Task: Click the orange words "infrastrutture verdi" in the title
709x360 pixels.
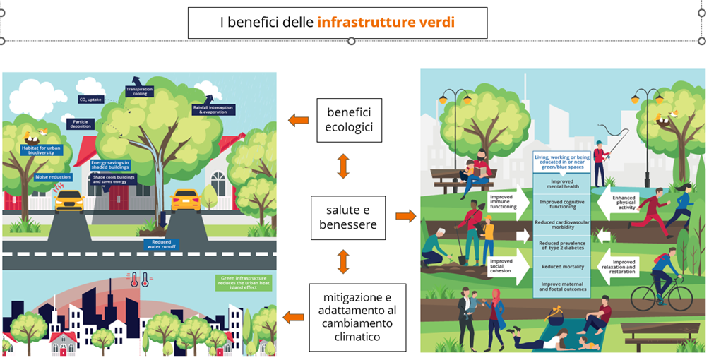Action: coord(386,23)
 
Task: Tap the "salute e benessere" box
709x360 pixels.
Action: coord(348,217)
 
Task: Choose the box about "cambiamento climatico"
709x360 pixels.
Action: coord(357,317)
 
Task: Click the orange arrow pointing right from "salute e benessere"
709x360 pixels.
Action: coord(405,216)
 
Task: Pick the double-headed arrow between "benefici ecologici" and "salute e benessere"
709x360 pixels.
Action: coord(343,166)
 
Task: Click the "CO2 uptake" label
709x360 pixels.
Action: coord(91,100)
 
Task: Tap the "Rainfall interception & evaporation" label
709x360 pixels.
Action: coord(212,109)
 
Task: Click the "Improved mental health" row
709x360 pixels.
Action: coord(562,184)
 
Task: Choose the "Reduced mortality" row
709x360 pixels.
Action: coord(562,267)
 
